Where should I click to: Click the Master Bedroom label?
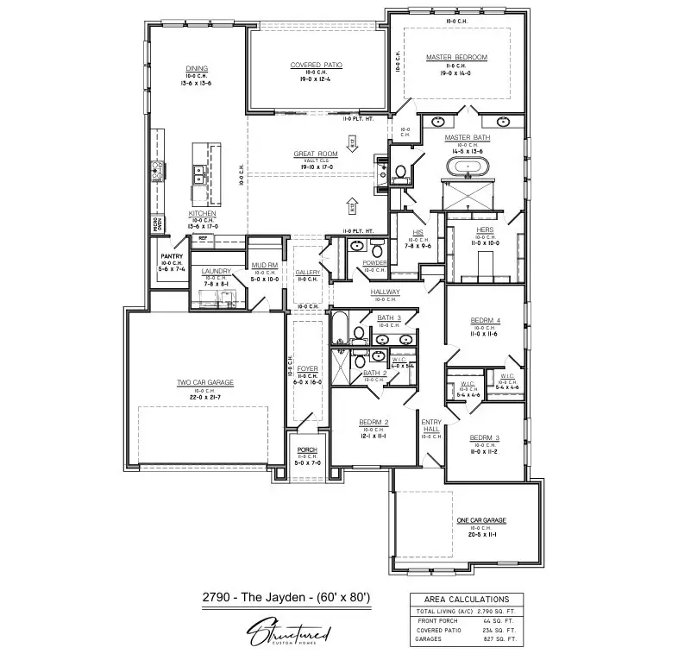click(456, 58)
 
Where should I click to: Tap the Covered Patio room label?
click(317, 65)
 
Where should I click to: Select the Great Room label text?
click(315, 154)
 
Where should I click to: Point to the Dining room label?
click(197, 69)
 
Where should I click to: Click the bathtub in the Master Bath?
click(467, 166)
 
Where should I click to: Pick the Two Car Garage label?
click(205, 382)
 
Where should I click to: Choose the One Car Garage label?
click(480, 520)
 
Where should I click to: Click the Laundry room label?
click(217, 271)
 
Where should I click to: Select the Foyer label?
click(307, 368)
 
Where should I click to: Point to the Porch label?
click(307, 449)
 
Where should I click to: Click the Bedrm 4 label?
click(485, 321)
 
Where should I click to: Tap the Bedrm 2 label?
click(374, 422)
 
